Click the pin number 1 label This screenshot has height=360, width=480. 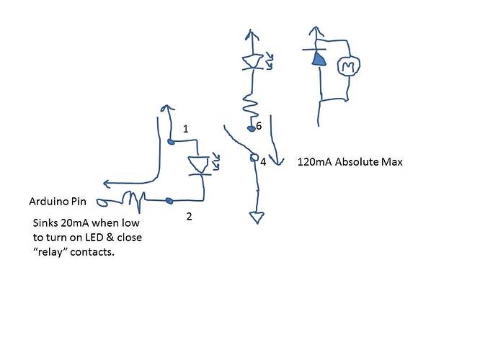[x=185, y=129]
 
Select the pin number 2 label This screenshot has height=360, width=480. [x=189, y=216]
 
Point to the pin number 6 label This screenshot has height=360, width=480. [x=259, y=125]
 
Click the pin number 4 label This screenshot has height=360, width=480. [x=263, y=163]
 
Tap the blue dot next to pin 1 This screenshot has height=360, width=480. [x=171, y=142]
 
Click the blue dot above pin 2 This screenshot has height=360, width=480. [x=170, y=199]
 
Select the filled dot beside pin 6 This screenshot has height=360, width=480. [x=251, y=129]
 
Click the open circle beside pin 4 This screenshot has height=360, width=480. [x=254, y=158]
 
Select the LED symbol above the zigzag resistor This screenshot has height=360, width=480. [x=252, y=62]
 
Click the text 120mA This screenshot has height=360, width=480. [x=313, y=163]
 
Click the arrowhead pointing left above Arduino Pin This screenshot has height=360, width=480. [x=108, y=183]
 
